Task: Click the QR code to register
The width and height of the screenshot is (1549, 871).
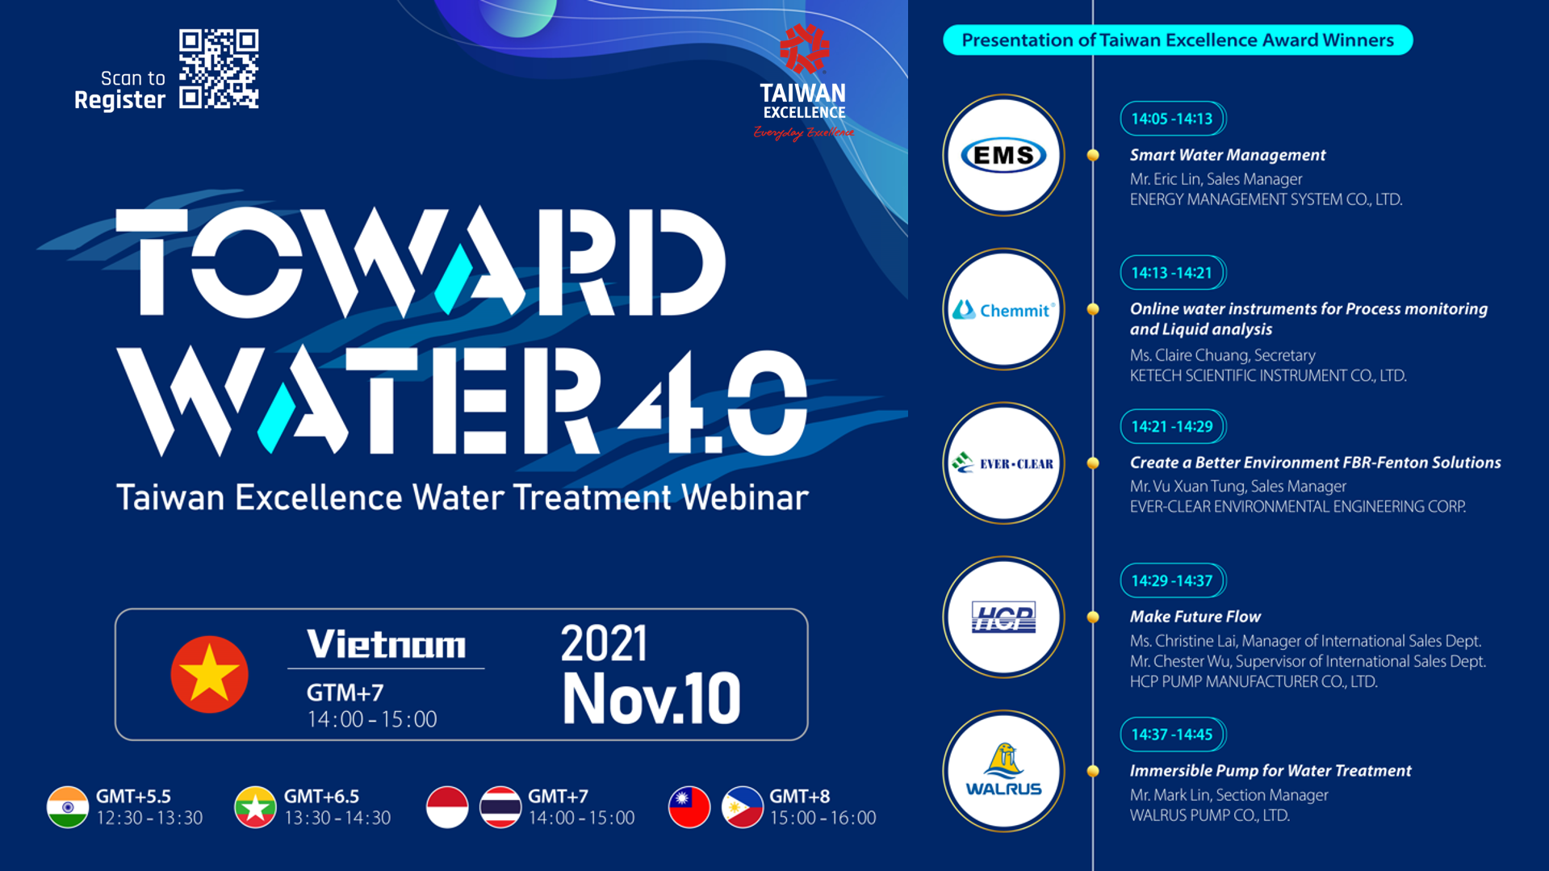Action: pos(219,69)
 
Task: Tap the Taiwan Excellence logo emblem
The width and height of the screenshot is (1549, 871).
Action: pos(803,48)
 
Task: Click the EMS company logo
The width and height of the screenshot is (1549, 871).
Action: pos(1003,155)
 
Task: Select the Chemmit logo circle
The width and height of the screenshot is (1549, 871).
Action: pos(1003,309)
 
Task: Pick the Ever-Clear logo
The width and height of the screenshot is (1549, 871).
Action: pos(1003,463)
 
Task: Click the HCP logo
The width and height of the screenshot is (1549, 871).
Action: pos(1003,618)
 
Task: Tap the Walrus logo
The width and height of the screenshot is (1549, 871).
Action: pos(1003,771)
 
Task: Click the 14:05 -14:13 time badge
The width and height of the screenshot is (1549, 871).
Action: pos(1173,119)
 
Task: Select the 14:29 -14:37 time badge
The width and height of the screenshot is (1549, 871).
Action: pos(1173,580)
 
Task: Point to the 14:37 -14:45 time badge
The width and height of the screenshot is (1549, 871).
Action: pos(1173,735)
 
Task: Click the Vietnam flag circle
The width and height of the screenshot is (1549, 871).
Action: pos(209,675)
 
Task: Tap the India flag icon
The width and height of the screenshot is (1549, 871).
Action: pos(68,807)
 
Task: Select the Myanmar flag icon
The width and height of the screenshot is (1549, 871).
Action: pos(255,807)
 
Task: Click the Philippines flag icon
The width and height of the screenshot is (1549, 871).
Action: pos(743,807)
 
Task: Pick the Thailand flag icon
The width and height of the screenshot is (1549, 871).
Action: pos(500,807)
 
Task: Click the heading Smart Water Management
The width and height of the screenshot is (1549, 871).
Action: pos(1227,155)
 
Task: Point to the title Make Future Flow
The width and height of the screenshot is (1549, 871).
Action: pos(1195,617)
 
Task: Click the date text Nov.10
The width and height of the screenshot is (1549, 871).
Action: pos(651,698)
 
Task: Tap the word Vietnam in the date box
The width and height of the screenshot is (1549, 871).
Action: pos(386,644)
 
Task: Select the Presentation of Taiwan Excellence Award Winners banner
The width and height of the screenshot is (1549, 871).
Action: pos(1178,40)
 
